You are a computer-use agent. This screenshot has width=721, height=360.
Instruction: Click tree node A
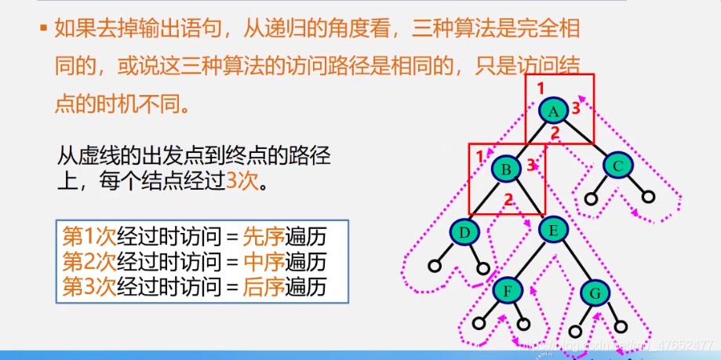[x=554, y=111]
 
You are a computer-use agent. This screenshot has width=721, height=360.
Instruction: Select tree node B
[x=506, y=169]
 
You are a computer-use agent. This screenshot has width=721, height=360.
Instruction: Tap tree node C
[x=618, y=166]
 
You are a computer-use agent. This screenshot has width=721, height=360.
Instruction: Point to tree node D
[x=464, y=233]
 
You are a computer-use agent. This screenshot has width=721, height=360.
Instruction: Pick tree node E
[x=553, y=230]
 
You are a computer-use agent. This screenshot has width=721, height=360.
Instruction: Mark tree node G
[x=595, y=293]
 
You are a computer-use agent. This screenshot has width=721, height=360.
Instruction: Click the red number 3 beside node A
[x=576, y=108]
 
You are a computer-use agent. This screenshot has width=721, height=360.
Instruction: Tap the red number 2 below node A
[x=555, y=133]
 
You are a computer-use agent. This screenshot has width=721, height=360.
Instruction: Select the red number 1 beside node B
[x=479, y=157]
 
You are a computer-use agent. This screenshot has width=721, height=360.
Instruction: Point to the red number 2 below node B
[x=508, y=199]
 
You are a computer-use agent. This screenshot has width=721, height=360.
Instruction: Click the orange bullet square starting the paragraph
[x=44, y=27]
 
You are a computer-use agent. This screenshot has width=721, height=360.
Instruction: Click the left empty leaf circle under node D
[x=434, y=266]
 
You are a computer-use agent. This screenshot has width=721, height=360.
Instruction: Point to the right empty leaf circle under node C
[x=648, y=197]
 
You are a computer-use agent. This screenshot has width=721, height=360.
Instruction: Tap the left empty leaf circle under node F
[x=479, y=324]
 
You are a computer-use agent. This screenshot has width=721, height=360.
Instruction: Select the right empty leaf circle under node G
[x=621, y=327]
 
